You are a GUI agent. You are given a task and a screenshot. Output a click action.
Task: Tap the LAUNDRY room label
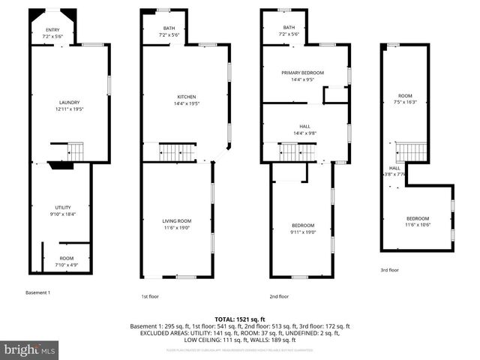70,103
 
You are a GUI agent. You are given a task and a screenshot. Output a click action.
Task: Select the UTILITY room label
62,207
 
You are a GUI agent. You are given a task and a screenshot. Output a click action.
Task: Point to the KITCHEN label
187,97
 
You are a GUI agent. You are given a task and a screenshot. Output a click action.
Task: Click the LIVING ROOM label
177,220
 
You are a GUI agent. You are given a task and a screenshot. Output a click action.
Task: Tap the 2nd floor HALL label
304,126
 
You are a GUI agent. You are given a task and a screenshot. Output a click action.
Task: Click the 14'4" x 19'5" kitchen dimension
187,103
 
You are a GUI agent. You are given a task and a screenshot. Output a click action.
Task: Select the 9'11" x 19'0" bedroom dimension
303,232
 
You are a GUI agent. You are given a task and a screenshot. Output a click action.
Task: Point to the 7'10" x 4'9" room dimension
66,265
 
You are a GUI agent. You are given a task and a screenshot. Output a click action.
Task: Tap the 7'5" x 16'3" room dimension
406,103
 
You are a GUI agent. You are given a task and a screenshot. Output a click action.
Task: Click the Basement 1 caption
37,292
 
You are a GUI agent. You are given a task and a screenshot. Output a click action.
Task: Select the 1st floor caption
151,296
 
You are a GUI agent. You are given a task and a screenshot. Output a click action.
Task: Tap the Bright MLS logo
30,349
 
